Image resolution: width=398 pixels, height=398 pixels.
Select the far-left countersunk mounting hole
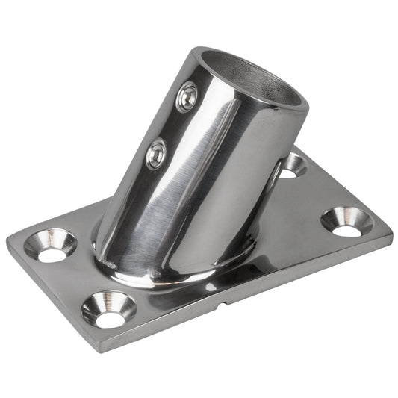[x=51, y=246]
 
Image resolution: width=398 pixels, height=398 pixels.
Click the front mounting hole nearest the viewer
[x=110, y=311]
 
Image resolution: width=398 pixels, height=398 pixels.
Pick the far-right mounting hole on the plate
[x=347, y=222]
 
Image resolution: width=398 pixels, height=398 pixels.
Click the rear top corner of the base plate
[x=297, y=149]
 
